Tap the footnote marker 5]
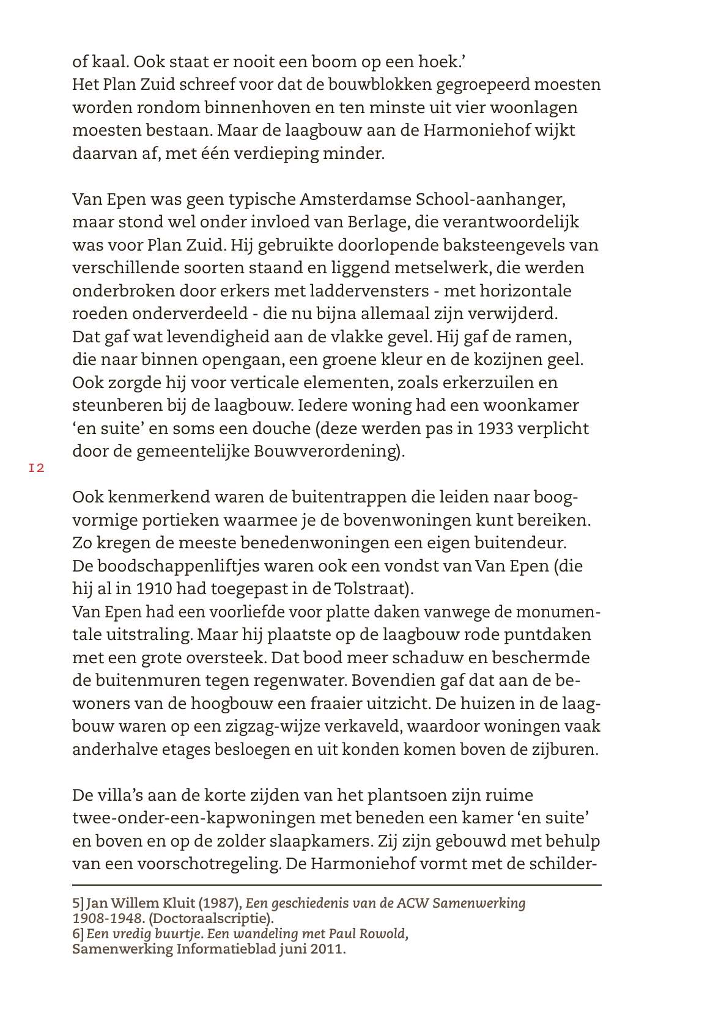coord(78,903)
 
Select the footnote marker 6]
coord(78,934)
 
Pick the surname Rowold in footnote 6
coord(383,934)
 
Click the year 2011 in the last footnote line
coord(320,949)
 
